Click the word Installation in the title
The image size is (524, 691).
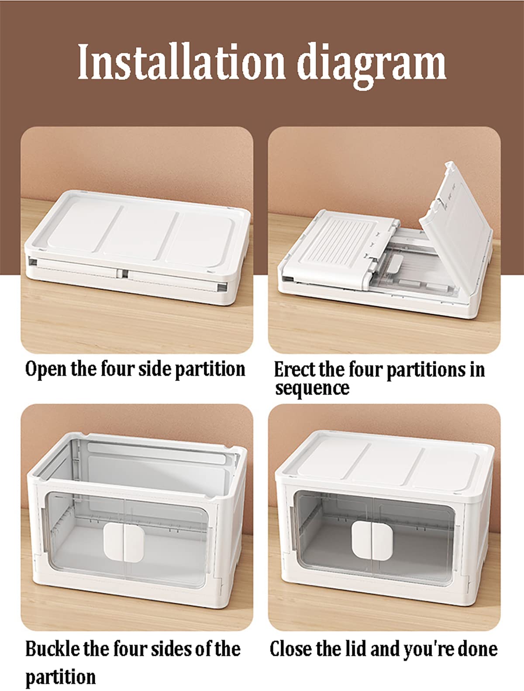[x=181, y=62]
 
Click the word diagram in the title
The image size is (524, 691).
[x=372, y=66]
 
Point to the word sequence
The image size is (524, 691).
[x=312, y=389]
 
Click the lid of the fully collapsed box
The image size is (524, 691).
[x=138, y=233]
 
